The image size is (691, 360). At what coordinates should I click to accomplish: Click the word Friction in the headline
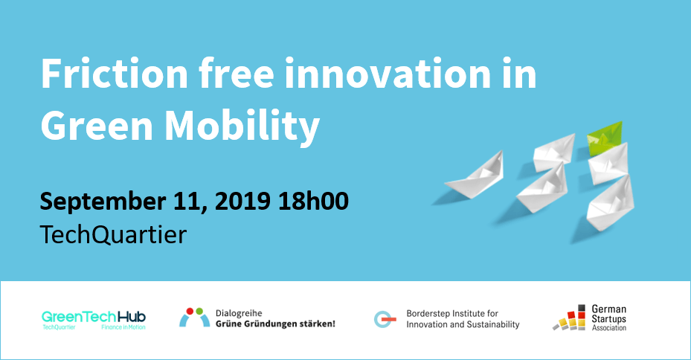[115, 74]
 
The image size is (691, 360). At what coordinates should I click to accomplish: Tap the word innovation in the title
[388, 74]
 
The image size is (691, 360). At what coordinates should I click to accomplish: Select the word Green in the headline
[97, 126]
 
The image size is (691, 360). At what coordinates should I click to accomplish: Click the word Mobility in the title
[242, 128]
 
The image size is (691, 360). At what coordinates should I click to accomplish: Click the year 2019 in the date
[242, 201]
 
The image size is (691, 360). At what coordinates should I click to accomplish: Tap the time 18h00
[313, 201]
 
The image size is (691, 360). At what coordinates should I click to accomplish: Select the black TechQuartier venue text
[113, 234]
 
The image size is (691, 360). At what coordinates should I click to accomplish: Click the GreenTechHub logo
[94, 320]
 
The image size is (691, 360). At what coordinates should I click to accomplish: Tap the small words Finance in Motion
[123, 327]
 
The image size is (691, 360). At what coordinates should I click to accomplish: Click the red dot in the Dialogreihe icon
[190, 312]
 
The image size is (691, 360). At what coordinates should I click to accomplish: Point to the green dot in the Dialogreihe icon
[199, 312]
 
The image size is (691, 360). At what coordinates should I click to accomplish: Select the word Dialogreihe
[239, 314]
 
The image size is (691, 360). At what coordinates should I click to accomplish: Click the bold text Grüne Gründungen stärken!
[275, 324]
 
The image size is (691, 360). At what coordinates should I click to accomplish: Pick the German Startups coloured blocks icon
[569, 318]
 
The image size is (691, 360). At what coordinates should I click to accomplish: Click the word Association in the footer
[609, 328]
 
